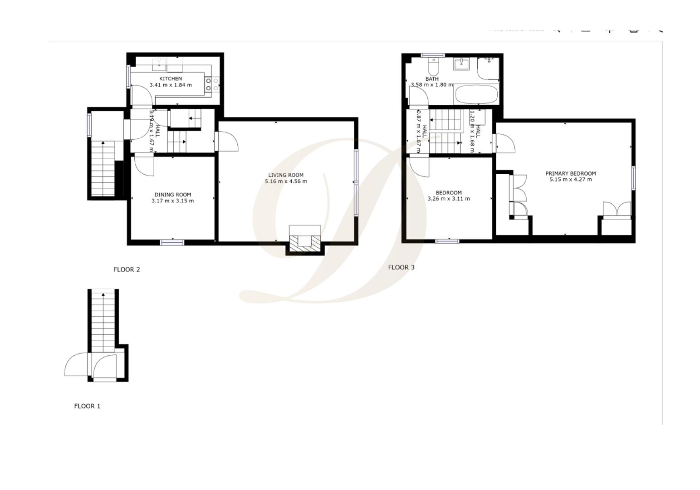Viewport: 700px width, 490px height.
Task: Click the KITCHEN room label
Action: tap(171, 78)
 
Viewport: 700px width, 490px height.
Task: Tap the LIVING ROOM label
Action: tap(286, 175)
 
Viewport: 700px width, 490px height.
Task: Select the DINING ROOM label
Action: tap(172, 195)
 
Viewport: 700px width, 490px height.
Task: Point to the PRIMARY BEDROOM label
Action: tap(570, 173)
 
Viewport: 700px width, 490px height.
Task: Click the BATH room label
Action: tap(432, 78)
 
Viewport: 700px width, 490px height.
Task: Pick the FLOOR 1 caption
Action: tap(87, 406)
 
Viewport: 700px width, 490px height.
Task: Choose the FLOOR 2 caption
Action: tap(127, 269)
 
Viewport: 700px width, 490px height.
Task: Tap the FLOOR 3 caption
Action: tap(401, 267)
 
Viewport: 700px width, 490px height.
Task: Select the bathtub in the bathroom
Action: tap(476, 95)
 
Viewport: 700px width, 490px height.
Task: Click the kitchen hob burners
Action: tap(212, 84)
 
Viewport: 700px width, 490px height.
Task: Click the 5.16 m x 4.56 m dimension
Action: tap(286, 181)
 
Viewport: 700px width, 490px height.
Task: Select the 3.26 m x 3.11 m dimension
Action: tap(449, 199)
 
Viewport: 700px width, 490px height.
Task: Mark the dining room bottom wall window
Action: tap(172, 243)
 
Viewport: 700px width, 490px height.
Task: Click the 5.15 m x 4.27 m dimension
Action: tap(570, 180)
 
